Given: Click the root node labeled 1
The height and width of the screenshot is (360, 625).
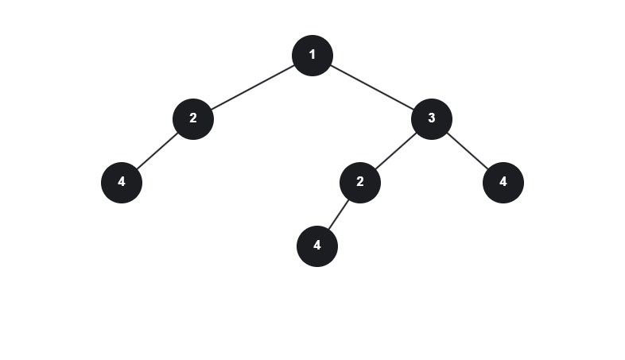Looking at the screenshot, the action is pyautogui.click(x=312, y=55).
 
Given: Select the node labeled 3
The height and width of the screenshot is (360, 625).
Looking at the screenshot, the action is pyautogui.click(x=431, y=118).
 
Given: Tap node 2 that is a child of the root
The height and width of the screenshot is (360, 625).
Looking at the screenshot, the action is pyautogui.click(x=192, y=118).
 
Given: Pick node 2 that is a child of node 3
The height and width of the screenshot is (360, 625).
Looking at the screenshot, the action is pyautogui.click(x=359, y=182).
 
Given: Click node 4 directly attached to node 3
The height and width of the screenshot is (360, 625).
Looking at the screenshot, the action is pyautogui.click(x=503, y=182).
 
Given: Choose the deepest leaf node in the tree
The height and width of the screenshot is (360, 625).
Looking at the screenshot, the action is pyautogui.click(x=316, y=246).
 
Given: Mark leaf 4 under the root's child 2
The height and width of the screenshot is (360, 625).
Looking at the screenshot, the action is pyautogui.click(x=121, y=182).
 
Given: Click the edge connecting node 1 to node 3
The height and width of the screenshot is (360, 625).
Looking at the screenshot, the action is pyautogui.click(x=371, y=87).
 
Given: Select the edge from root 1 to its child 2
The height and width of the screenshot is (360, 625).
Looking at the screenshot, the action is pyautogui.click(x=252, y=87).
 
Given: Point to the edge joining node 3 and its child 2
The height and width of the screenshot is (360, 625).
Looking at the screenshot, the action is pyautogui.click(x=395, y=150).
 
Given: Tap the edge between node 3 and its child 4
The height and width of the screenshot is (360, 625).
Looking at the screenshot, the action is pyautogui.click(x=467, y=150).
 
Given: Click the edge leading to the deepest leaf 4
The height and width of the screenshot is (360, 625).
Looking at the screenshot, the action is pyautogui.click(x=338, y=214).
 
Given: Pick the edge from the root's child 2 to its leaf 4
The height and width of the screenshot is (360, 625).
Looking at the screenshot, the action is pyautogui.click(x=157, y=150).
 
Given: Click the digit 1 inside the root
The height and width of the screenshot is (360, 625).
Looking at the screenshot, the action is pyautogui.click(x=312, y=55).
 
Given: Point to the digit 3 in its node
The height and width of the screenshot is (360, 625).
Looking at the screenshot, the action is pyautogui.click(x=431, y=118).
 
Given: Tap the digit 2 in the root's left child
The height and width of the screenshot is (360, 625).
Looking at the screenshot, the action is pyautogui.click(x=192, y=118).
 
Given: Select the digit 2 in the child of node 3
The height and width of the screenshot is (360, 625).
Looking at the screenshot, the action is pyautogui.click(x=359, y=182).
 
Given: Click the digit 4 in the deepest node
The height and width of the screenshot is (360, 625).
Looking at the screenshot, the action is pyautogui.click(x=316, y=246).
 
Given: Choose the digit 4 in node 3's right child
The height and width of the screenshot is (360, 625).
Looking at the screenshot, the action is pyautogui.click(x=503, y=182).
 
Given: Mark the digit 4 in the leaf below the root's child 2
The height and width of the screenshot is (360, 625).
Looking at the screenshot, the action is pyautogui.click(x=121, y=182).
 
